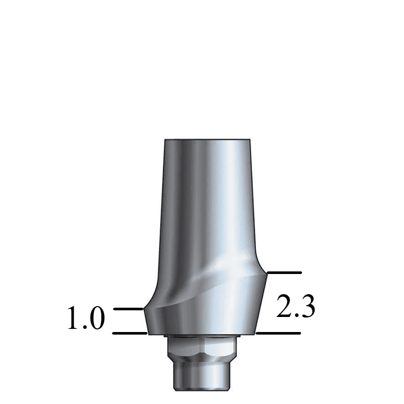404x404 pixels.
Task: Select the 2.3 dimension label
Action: (296, 306)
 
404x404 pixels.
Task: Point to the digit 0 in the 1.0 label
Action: (96, 319)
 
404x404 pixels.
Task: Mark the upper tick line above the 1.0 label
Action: (128, 309)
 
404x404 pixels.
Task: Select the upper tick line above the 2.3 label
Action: (283, 272)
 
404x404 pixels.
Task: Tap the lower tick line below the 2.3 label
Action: (279, 333)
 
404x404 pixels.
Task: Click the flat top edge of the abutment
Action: (207, 140)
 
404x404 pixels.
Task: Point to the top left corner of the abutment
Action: (165, 140)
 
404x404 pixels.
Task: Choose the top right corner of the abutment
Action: (249, 140)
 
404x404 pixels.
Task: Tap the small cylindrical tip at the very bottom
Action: (203, 378)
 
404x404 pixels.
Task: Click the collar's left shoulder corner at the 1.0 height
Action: (144, 310)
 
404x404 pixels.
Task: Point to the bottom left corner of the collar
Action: (149, 334)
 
